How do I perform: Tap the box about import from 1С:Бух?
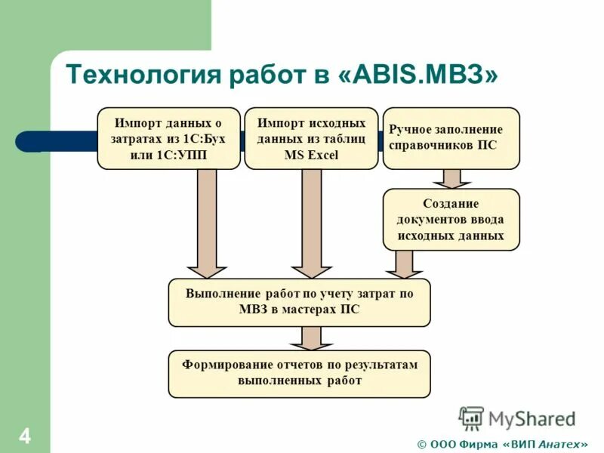(x=168, y=138)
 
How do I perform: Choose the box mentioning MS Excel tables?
(x=311, y=138)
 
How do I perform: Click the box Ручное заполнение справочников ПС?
(x=451, y=138)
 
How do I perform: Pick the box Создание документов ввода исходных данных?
(x=451, y=219)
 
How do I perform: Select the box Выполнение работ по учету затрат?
(x=299, y=302)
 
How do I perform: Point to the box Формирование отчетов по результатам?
(x=299, y=374)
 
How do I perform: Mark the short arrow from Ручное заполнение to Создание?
(x=451, y=179)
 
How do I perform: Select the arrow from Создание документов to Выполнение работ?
(x=404, y=264)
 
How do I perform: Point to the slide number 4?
(x=25, y=436)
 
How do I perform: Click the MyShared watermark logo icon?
(x=472, y=418)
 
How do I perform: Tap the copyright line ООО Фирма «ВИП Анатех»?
(x=502, y=443)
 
